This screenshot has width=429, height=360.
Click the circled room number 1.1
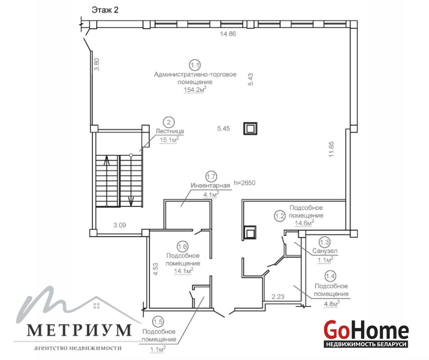click(195, 65)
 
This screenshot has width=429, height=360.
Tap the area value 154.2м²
click(195, 90)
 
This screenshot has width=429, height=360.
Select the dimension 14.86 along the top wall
click(228, 34)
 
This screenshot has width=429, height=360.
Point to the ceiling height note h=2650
click(244, 183)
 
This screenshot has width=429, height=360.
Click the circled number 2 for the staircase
click(169, 122)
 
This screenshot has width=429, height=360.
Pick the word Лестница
click(170, 131)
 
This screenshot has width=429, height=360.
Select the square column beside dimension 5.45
click(250, 128)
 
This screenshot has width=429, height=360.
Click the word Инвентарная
click(210, 185)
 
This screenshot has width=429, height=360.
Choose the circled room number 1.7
click(211, 176)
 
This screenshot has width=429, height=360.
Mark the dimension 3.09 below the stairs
click(120, 225)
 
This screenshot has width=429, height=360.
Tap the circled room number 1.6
click(182, 247)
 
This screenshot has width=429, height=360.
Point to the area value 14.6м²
click(304, 223)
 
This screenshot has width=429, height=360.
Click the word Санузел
click(325, 251)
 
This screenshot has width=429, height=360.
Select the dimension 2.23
click(278, 297)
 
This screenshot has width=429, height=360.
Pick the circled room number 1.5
click(158, 321)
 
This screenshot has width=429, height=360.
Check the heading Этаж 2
click(105, 10)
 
